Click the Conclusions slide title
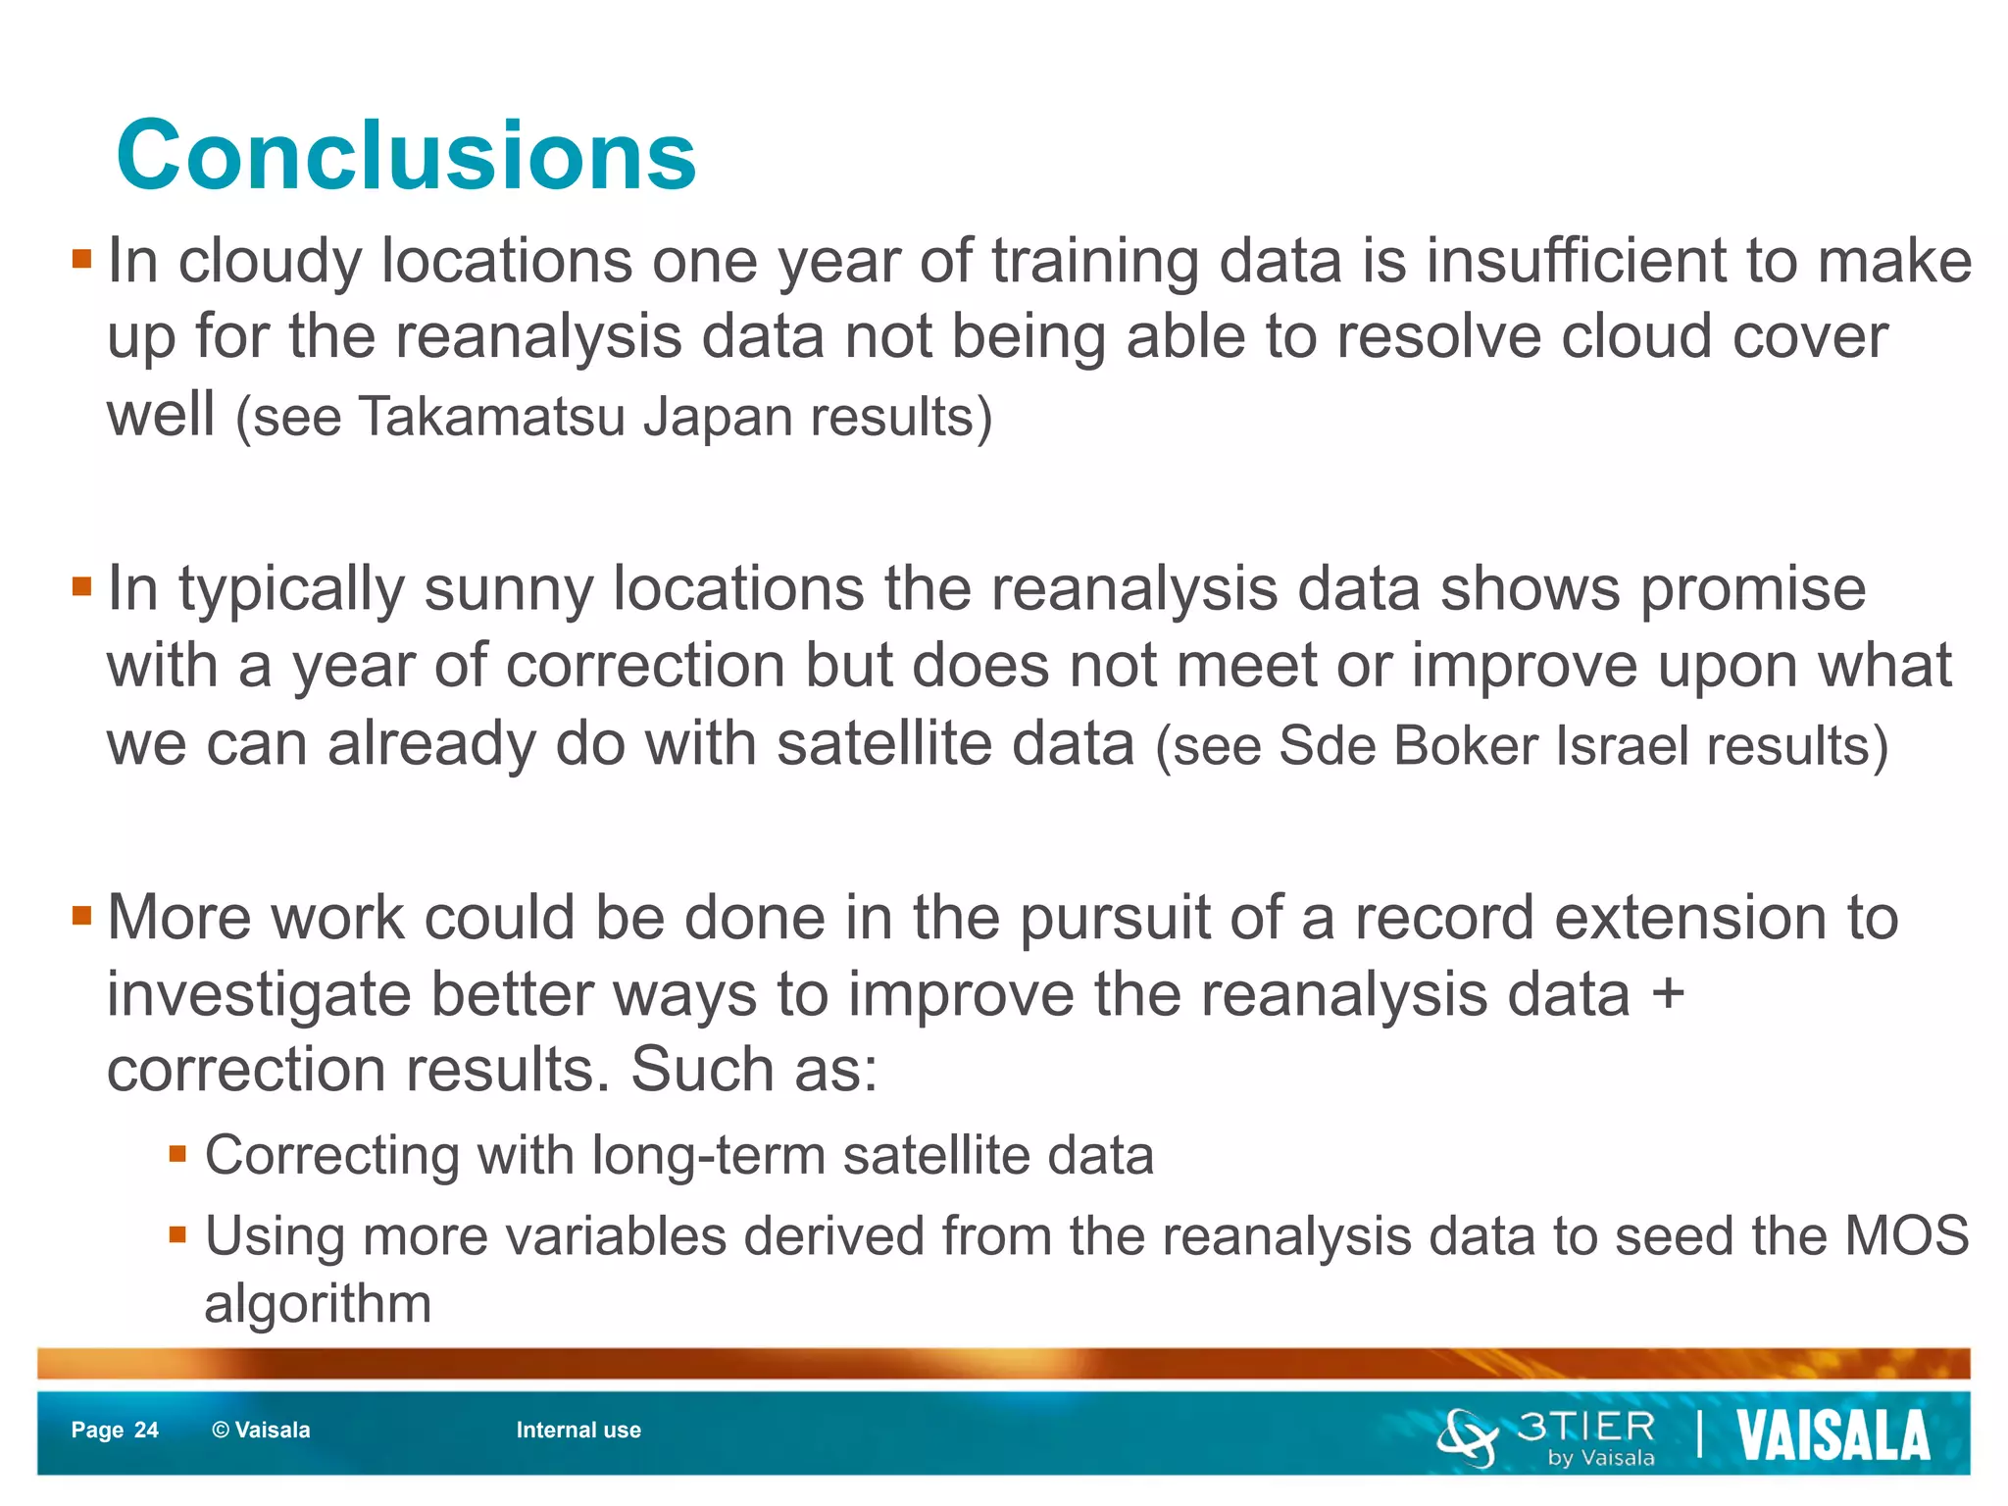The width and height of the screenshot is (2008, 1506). coord(406,156)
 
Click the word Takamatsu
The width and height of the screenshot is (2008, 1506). coord(492,417)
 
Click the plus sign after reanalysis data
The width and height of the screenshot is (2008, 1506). coord(1668,994)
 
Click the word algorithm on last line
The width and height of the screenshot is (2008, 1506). coord(318,1304)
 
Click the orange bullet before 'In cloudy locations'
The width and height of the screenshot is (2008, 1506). coord(81,261)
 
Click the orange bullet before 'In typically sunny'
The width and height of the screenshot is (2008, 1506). coord(81,588)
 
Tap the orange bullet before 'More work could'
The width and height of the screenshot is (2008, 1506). coord(81,917)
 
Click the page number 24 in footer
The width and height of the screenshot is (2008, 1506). coord(146,1430)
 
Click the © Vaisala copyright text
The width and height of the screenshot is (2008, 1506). coord(261,1430)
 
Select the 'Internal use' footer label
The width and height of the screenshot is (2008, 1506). coord(578,1430)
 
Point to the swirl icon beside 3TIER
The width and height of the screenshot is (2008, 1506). coord(1468,1437)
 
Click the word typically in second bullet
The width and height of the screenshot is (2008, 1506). coord(291,590)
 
